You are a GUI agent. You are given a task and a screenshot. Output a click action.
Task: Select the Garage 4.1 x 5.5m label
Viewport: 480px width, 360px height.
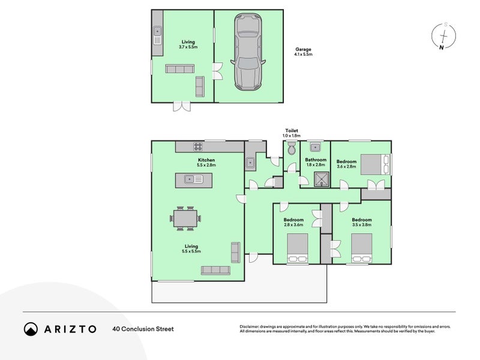pyautogui.click(x=303, y=52)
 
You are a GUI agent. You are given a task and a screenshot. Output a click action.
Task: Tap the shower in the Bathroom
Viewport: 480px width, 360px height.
pyautogui.click(x=323, y=178)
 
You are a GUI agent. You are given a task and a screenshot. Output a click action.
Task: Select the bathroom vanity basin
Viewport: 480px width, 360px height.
pyautogui.click(x=315, y=148)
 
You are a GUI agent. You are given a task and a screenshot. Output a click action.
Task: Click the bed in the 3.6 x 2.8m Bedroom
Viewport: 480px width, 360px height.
pyautogui.click(x=377, y=162)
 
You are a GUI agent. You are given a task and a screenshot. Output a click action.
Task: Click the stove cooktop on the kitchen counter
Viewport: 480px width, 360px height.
pyautogui.click(x=197, y=146)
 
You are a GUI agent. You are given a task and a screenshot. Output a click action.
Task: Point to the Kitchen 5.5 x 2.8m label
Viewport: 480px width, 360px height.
pyautogui.click(x=206, y=163)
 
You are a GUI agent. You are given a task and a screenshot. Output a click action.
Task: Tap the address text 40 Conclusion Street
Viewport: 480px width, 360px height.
pyautogui.click(x=143, y=329)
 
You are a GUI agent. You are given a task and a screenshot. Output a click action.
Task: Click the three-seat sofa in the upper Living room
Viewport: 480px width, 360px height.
pyautogui.click(x=179, y=70)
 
